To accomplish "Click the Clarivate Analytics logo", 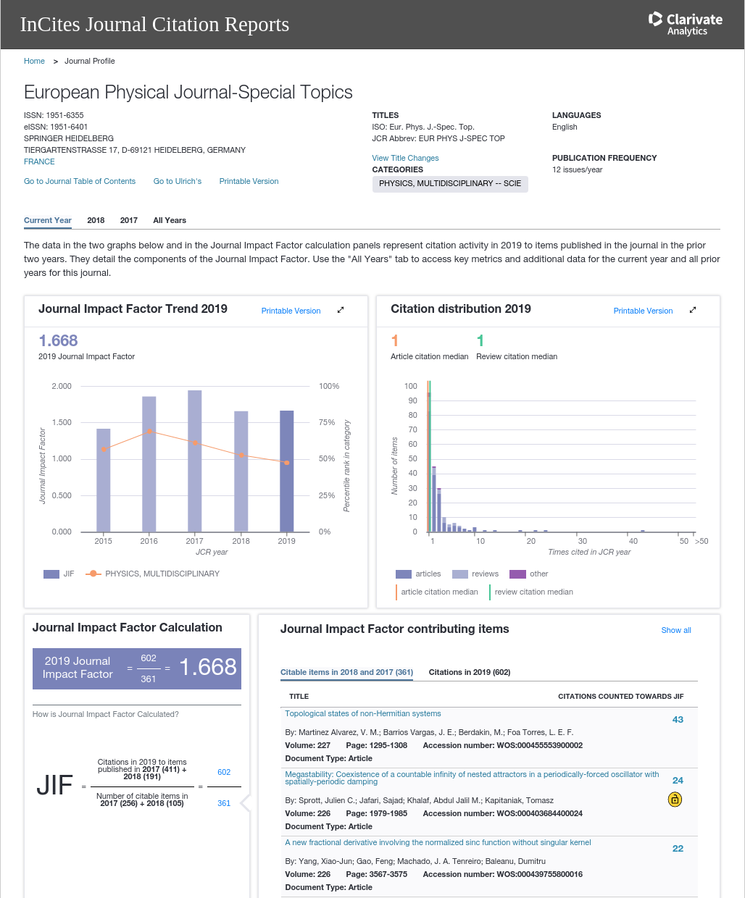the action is tap(685, 24).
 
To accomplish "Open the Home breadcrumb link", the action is tap(34, 61).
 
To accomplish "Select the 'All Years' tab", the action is tap(170, 220).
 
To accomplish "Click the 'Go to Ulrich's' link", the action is tap(178, 181).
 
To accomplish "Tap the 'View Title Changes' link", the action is tap(405, 158).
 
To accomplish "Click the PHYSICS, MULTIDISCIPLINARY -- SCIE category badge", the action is tap(450, 184).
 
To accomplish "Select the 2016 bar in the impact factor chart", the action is tap(149, 463).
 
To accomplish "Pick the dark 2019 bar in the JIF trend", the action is tap(287, 471).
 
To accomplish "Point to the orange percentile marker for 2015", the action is tap(104, 450).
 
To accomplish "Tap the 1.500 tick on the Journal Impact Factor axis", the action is tap(62, 422).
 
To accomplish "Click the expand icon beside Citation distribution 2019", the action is tap(693, 310).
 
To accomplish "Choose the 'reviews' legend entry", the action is tap(475, 574).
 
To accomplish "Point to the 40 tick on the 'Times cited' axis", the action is tap(633, 541).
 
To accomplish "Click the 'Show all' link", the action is tap(675, 630).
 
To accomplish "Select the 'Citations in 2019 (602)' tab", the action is tap(469, 672).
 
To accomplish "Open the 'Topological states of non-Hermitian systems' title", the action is tap(363, 713).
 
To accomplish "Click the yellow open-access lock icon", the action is tap(675, 800).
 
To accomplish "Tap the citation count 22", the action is tap(678, 849).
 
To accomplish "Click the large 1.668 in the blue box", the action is tap(208, 667).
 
